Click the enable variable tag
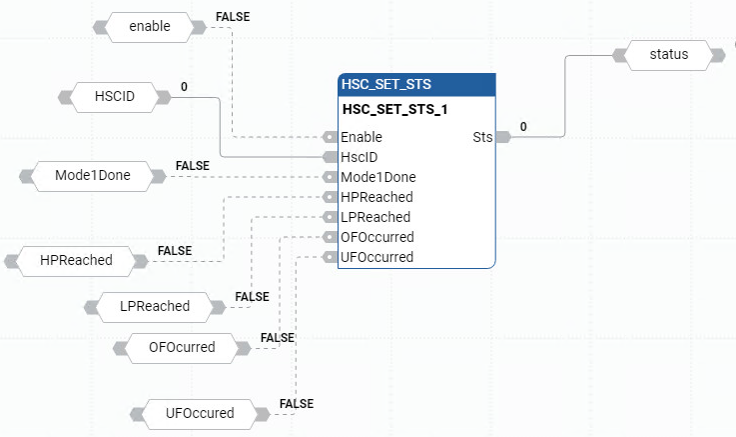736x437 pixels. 150,27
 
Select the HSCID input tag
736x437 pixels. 114,97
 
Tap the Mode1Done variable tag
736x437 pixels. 92,177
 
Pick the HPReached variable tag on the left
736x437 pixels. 76,261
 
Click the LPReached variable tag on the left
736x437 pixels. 154,306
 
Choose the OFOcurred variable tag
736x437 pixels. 181,348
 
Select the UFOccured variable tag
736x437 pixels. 200,413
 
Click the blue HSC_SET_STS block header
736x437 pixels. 416,84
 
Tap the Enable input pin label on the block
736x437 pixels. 362,137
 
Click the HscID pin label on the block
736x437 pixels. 360,157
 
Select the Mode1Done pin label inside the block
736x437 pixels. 377,177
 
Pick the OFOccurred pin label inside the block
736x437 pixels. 376,237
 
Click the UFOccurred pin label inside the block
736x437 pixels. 376,257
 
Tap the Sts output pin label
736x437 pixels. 482,137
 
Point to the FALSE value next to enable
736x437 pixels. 233,17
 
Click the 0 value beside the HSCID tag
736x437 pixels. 184,87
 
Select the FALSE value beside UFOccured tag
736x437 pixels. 297,404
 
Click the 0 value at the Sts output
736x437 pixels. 523,127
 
